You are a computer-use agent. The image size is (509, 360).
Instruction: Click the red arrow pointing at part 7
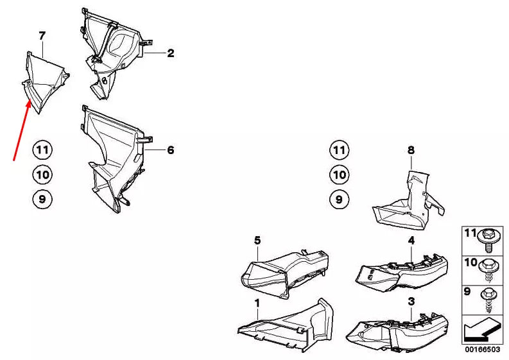pyautogui.click(x=21, y=129)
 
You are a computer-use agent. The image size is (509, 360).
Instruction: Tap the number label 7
pyautogui.click(x=42, y=35)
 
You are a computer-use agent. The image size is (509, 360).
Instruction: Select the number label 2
pyautogui.click(x=171, y=54)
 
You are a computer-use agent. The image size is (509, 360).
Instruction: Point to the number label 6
pyautogui.click(x=171, y=150)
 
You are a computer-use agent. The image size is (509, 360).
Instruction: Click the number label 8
pyautogui.click(x=411, y=150)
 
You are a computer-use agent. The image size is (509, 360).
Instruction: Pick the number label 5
pyautogui.click(x=257, y=240)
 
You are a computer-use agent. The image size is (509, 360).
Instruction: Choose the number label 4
pyautogui.click(x=411, y=240)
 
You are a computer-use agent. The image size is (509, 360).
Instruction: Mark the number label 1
pyautogui.click(x=257, y=302)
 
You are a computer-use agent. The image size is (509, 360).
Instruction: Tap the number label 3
pyautogui.click(x=411, y=300)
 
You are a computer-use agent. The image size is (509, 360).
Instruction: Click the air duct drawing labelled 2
pyautogui.click(x=116, y=55)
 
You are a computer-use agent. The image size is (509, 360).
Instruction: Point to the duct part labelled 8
pyautogui.click(x=408, y=202)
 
